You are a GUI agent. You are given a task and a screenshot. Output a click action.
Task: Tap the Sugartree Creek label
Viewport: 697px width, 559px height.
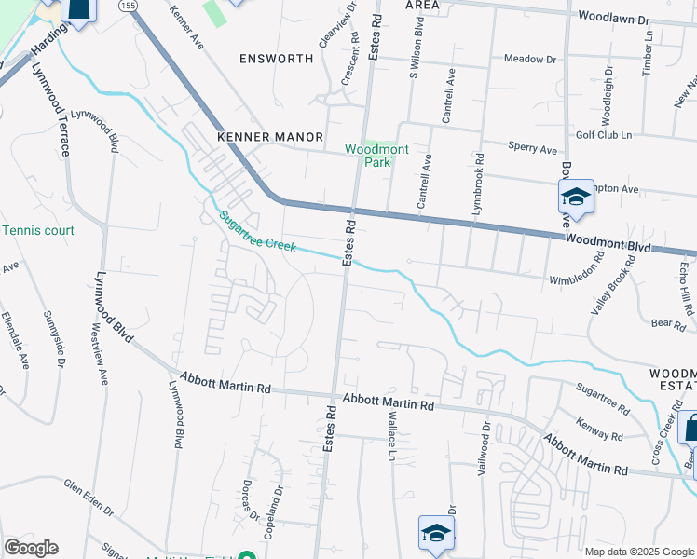pyautogui.click(x=257, y=232)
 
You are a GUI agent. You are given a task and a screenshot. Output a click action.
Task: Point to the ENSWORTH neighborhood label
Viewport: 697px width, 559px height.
pyautogui.click(x=276, y=59)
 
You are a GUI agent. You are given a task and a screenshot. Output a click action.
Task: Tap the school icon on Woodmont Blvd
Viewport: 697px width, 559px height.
pyautogui.click(x=576, y=197)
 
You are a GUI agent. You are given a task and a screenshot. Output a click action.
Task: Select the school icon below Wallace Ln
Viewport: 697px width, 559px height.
pyautogui.click(x=435, y=533)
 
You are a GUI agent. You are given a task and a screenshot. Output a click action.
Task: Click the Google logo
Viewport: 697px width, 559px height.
pyautogui.click(x=31, y=548)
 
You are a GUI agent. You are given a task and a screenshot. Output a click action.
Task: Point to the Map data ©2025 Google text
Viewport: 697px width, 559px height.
pyautogui.click(x=638, y=551)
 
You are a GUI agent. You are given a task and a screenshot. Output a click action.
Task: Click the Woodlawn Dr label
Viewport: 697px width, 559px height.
pyautogui.click(x=619, y=18)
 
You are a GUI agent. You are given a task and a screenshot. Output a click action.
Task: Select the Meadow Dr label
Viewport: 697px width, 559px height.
pyautogui.click(x=529, y=59)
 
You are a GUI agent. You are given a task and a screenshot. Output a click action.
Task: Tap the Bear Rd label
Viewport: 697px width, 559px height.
pyautogui.click(x=668, y=323)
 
